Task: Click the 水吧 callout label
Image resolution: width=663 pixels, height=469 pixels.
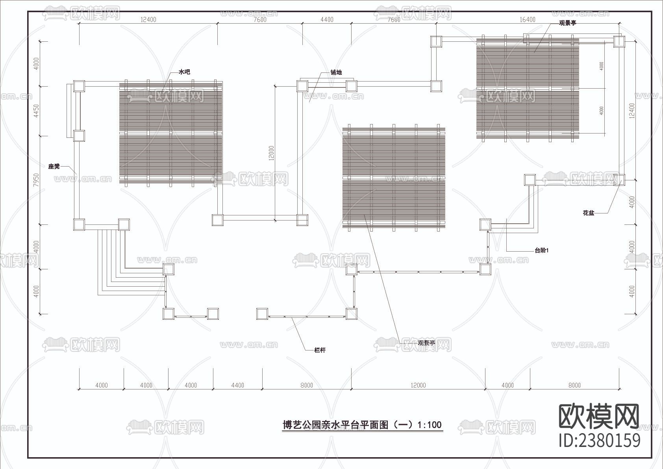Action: coord(184,72)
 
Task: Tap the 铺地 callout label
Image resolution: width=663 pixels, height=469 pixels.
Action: coord(336,72)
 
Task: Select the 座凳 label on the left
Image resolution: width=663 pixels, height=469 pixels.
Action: coord(54,166)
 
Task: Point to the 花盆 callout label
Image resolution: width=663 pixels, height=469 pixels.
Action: coord(589,213)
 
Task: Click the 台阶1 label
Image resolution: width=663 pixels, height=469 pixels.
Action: coord(541,250)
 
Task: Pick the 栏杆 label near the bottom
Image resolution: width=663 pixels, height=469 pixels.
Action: coord(320,350)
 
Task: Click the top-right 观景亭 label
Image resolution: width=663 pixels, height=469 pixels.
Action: coord(568,23)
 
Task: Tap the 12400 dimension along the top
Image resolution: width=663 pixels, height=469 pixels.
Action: coord(148,20)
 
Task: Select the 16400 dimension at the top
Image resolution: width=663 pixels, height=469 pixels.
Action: coord(527,20)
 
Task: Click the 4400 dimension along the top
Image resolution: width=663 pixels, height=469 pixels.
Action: coord(327,20)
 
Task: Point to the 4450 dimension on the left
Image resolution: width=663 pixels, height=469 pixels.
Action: coord(36,111)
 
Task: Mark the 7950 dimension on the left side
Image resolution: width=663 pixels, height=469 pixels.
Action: coord(36,180)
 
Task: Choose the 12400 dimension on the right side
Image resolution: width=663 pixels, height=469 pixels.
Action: coord(632,111)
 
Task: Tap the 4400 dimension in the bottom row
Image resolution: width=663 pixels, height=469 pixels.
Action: coord(237,385)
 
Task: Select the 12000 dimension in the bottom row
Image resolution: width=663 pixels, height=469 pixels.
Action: coord(418,385)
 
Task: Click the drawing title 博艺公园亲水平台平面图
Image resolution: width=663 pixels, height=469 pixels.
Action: coord(362,425)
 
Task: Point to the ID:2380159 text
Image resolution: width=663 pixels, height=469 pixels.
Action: coord(600,440)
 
